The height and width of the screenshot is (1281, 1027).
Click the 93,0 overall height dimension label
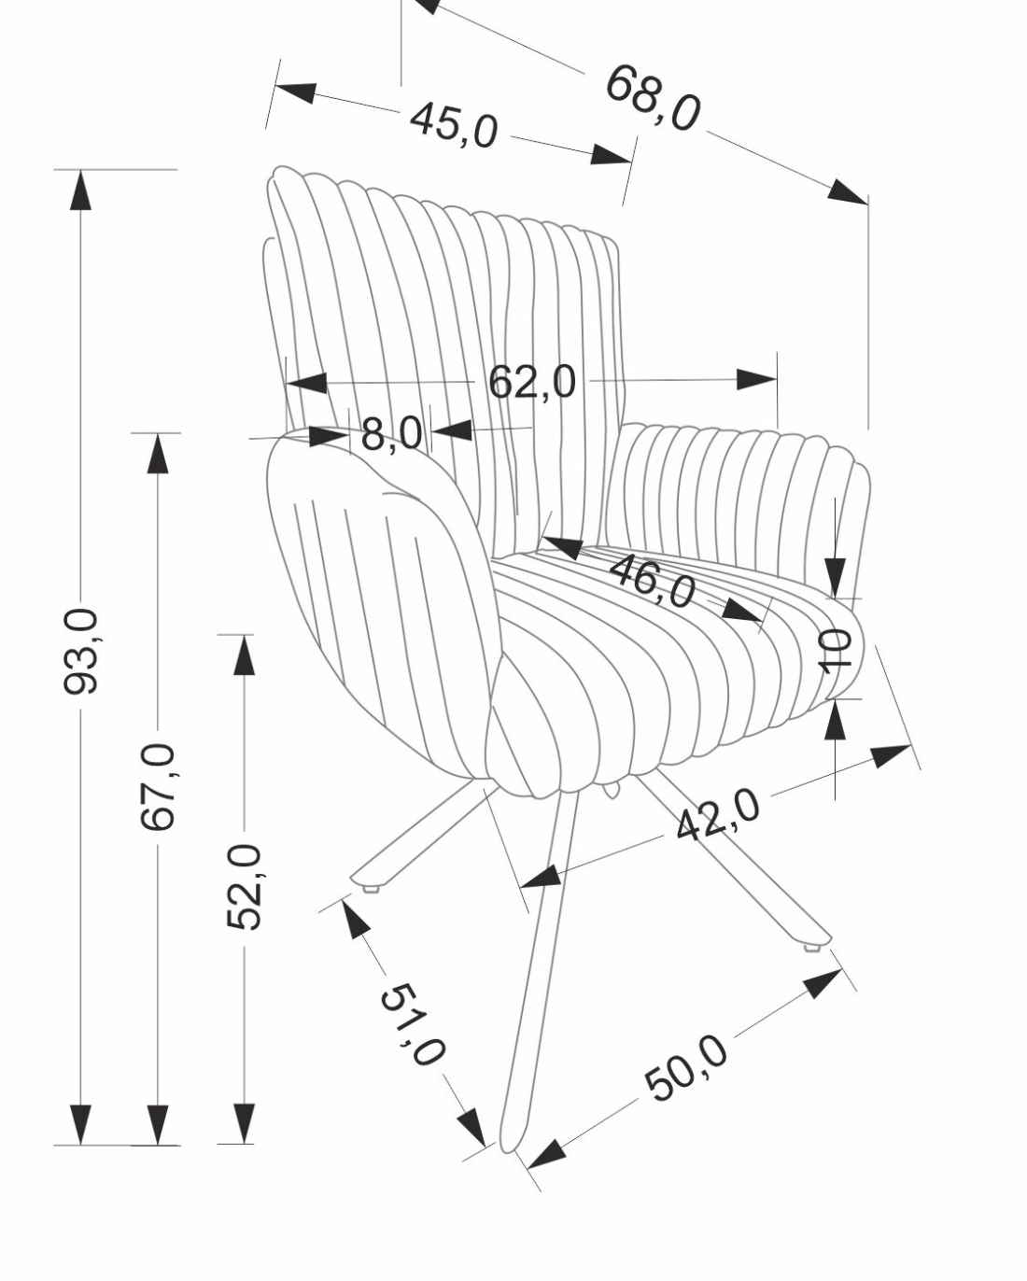(81, 651)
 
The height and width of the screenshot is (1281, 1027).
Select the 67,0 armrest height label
(158, 786)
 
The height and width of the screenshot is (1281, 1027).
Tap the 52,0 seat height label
(245, 886)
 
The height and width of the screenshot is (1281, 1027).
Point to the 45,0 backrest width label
(454, 124)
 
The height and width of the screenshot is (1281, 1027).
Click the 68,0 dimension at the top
(653, 98)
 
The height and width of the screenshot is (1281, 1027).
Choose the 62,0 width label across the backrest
(532, 382)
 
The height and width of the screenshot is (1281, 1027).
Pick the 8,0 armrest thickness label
(391, 434)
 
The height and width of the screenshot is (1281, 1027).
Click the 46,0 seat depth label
(653, 580)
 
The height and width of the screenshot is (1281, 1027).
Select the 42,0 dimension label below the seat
(718, 814)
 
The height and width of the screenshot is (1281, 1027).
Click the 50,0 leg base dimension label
(686, 1068)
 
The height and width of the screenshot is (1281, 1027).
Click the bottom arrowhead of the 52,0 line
(245, 1123)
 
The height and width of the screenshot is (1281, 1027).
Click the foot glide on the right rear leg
(810, 947)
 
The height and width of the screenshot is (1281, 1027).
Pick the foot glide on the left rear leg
(373, 888)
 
